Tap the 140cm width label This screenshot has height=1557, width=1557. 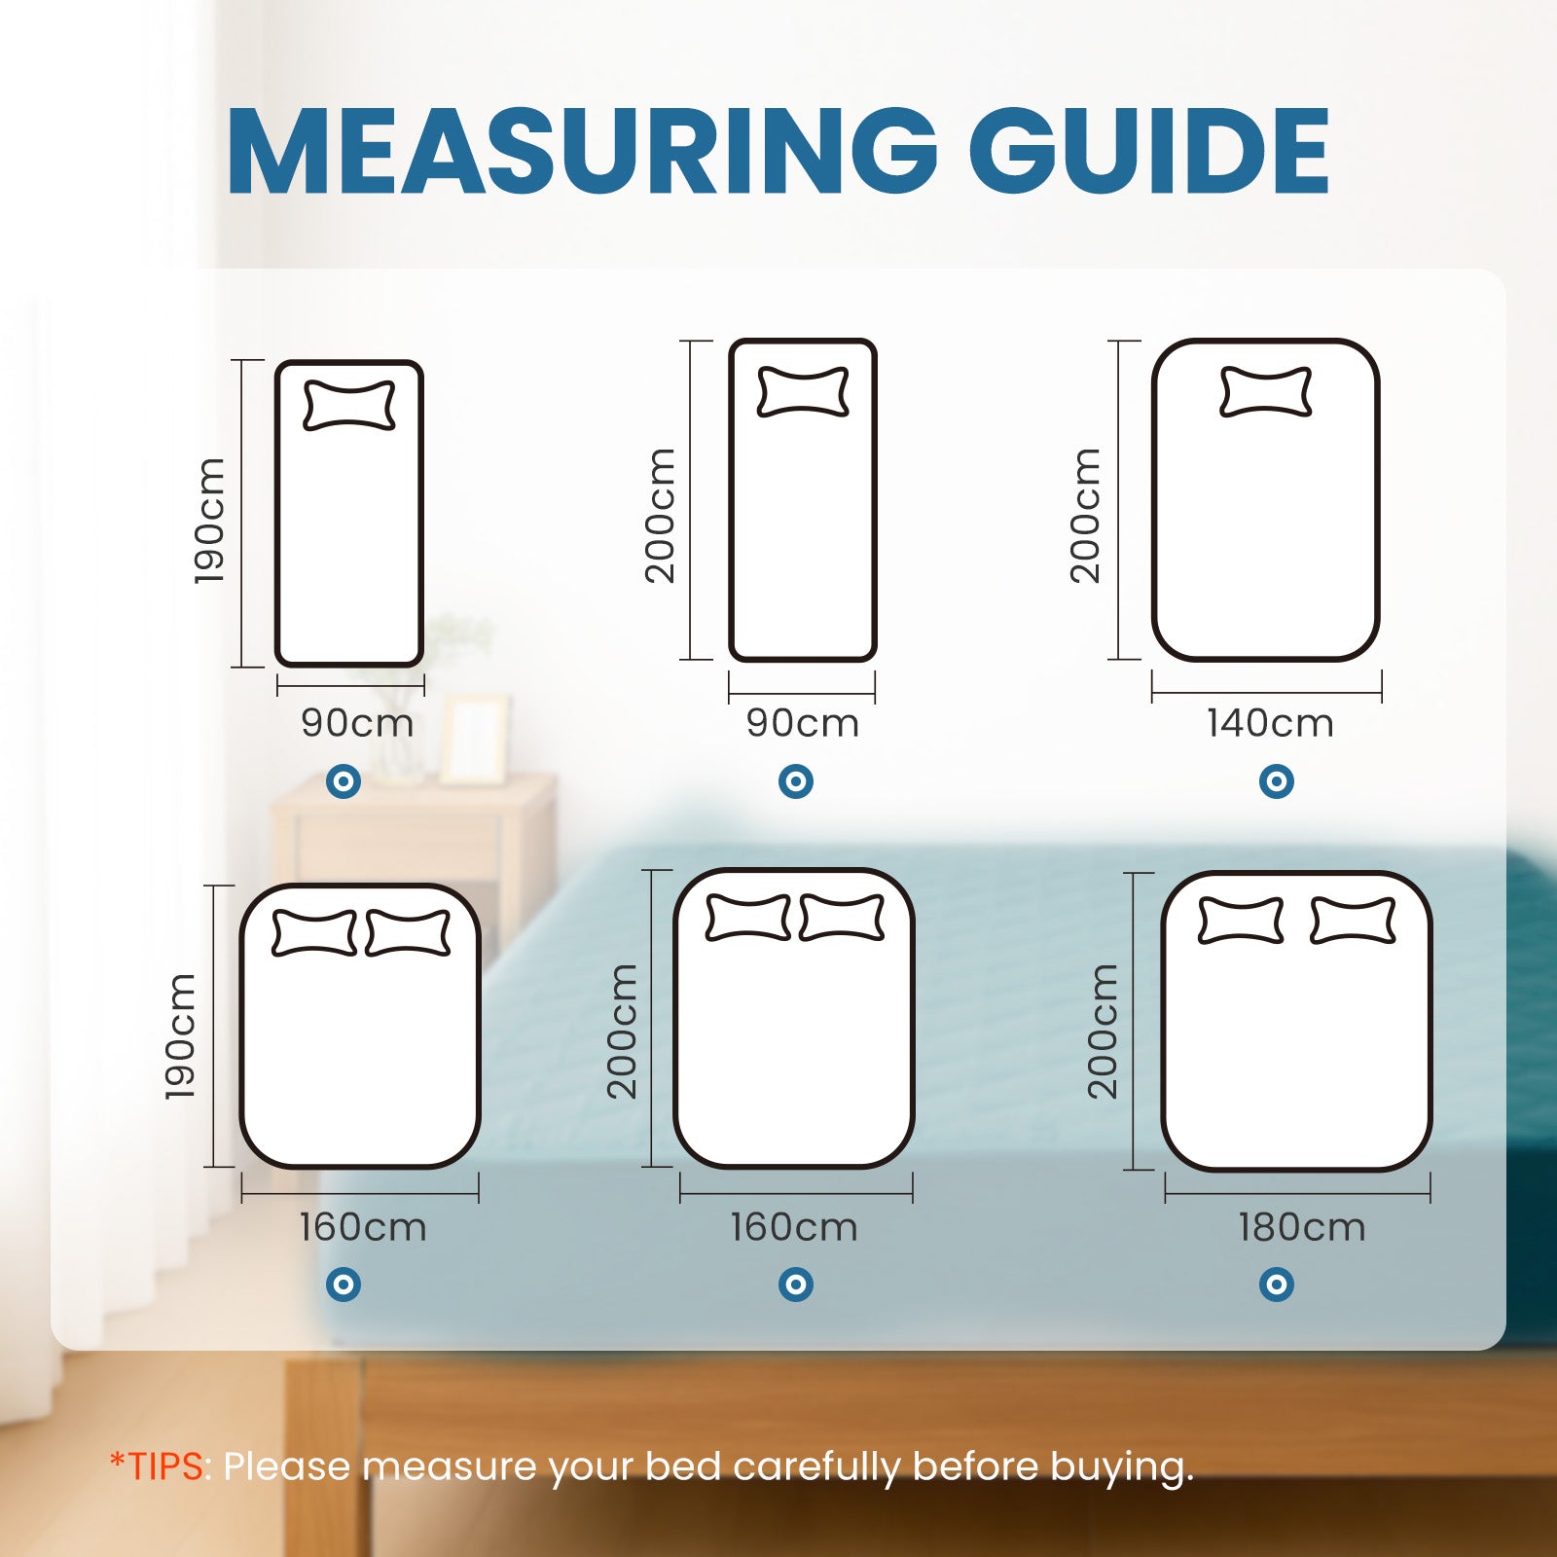tap(1270, 723)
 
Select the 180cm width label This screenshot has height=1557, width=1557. tap(1301, 1227)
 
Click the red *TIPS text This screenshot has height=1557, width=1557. tap(159, 1466)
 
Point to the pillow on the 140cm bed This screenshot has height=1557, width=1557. tap(1265, 391)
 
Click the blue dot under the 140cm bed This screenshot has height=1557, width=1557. tap(1276, 780)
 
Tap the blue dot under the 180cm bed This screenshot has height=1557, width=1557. tap(1276, 1285)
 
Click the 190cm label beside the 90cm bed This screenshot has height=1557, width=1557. tap(210, 521)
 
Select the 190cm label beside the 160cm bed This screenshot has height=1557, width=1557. tap(181, 1036)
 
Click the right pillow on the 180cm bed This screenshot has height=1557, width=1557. tap(1353, 921)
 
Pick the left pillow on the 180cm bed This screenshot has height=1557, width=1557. tap(1240, 921)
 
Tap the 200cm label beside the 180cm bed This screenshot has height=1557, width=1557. tap(1104, 1032)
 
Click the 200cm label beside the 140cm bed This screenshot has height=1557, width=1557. tap(1085, 516)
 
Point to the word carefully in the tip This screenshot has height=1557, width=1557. tap(816, 1466)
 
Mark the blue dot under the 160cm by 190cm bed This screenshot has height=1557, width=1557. tap(343, 1285)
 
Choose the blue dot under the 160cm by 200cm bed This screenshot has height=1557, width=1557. tap(795, 1285)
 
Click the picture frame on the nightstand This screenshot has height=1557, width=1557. tap(474, 740)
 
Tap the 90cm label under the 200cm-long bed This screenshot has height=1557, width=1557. tap(803, 723)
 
